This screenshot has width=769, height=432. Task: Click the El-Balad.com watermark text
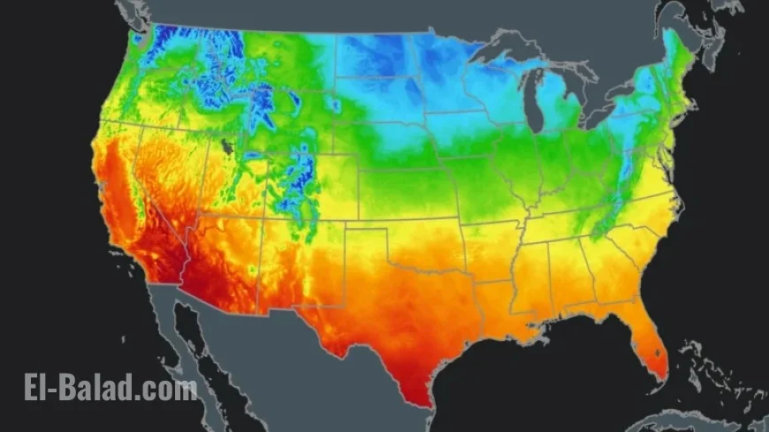110,388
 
